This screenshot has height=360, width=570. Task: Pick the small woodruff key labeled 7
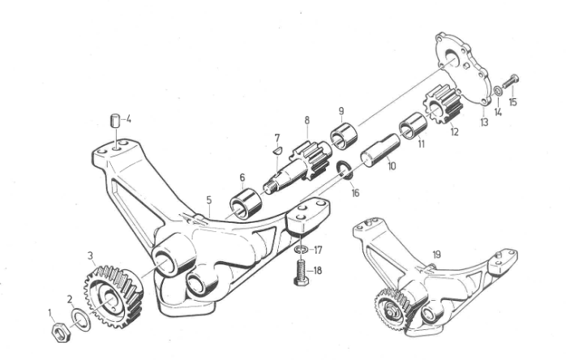[x=276, y=148]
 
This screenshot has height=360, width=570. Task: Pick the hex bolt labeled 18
[x=344, y=169]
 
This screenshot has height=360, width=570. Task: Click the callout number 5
[x=299, y=248]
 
